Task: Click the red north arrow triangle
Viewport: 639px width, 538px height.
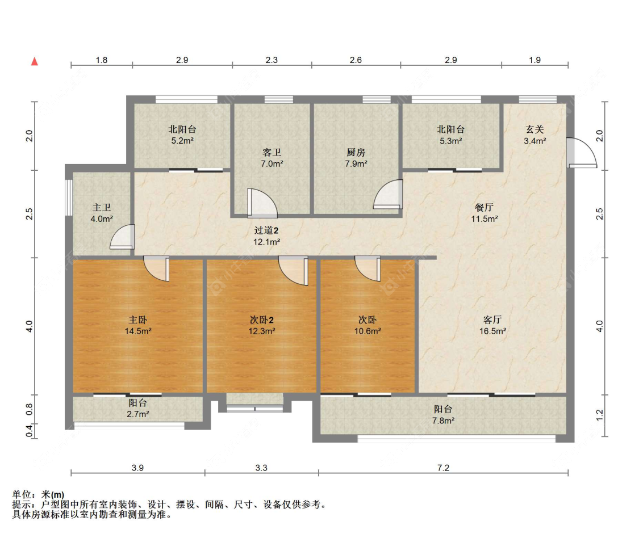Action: pyautogui.click(x=35, y=61)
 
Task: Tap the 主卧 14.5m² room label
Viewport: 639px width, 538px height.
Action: pyautogui.click(x=138, y=325)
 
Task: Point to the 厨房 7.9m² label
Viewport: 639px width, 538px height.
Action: pyautogui.click(x=356, y=158)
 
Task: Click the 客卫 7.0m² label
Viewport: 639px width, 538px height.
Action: pyautogui.click(x=272, y=158)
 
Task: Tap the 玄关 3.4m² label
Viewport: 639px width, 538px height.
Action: pyautogui.click(x=534, y=135)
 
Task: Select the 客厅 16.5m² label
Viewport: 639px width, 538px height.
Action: pyautogui.click(x=492, y=325)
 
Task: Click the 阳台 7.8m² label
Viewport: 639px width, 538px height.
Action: pyautogui.click(x=443, y=414)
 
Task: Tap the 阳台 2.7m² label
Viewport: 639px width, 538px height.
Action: pyautogui.click(x=138, y=409)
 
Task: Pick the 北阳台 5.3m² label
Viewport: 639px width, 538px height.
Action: pyautogui.click(x=450, y=135)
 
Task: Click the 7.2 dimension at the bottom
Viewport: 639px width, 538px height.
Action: pyautogui.click(x=442, y=468)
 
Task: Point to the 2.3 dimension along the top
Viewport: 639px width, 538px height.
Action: pyautogui.click(x=272, y=60)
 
